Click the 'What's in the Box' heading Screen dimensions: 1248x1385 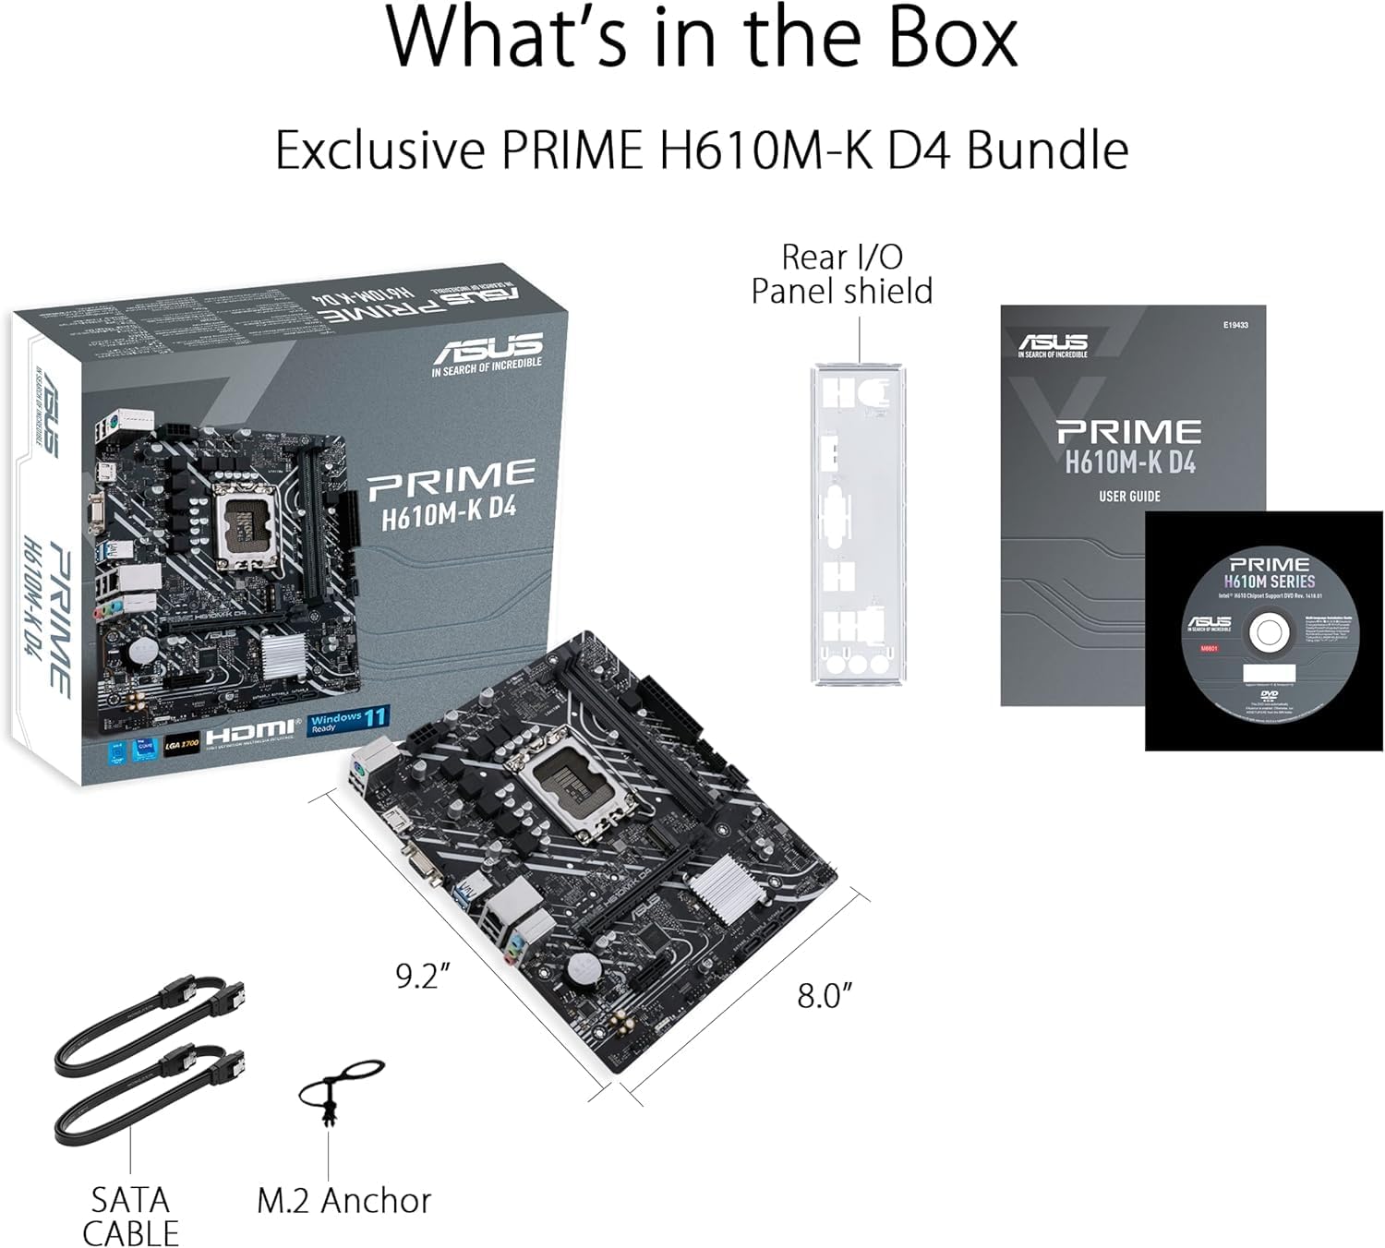click(x=702, y=39)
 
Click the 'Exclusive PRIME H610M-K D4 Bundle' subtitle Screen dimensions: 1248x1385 click(x=702, y=150)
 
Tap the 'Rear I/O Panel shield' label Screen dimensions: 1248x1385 click(x=841, y=273)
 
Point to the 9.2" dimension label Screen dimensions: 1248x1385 click(x=422, y=976)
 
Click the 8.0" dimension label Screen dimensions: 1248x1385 click(x=824, y=995)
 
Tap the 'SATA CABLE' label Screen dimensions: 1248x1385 click(x=130, y=1216)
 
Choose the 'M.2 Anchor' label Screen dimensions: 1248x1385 click(x=343, y=1200)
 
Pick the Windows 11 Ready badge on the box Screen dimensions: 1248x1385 click(x=348, y=719)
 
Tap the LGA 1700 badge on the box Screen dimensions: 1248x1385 click(x=181, y=742)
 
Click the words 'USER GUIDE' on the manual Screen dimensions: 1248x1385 click(x=1129, y=497)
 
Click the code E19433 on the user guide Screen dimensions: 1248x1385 click(x=1235, y=325)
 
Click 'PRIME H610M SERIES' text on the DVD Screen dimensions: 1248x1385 click(x=1270, y=572)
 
